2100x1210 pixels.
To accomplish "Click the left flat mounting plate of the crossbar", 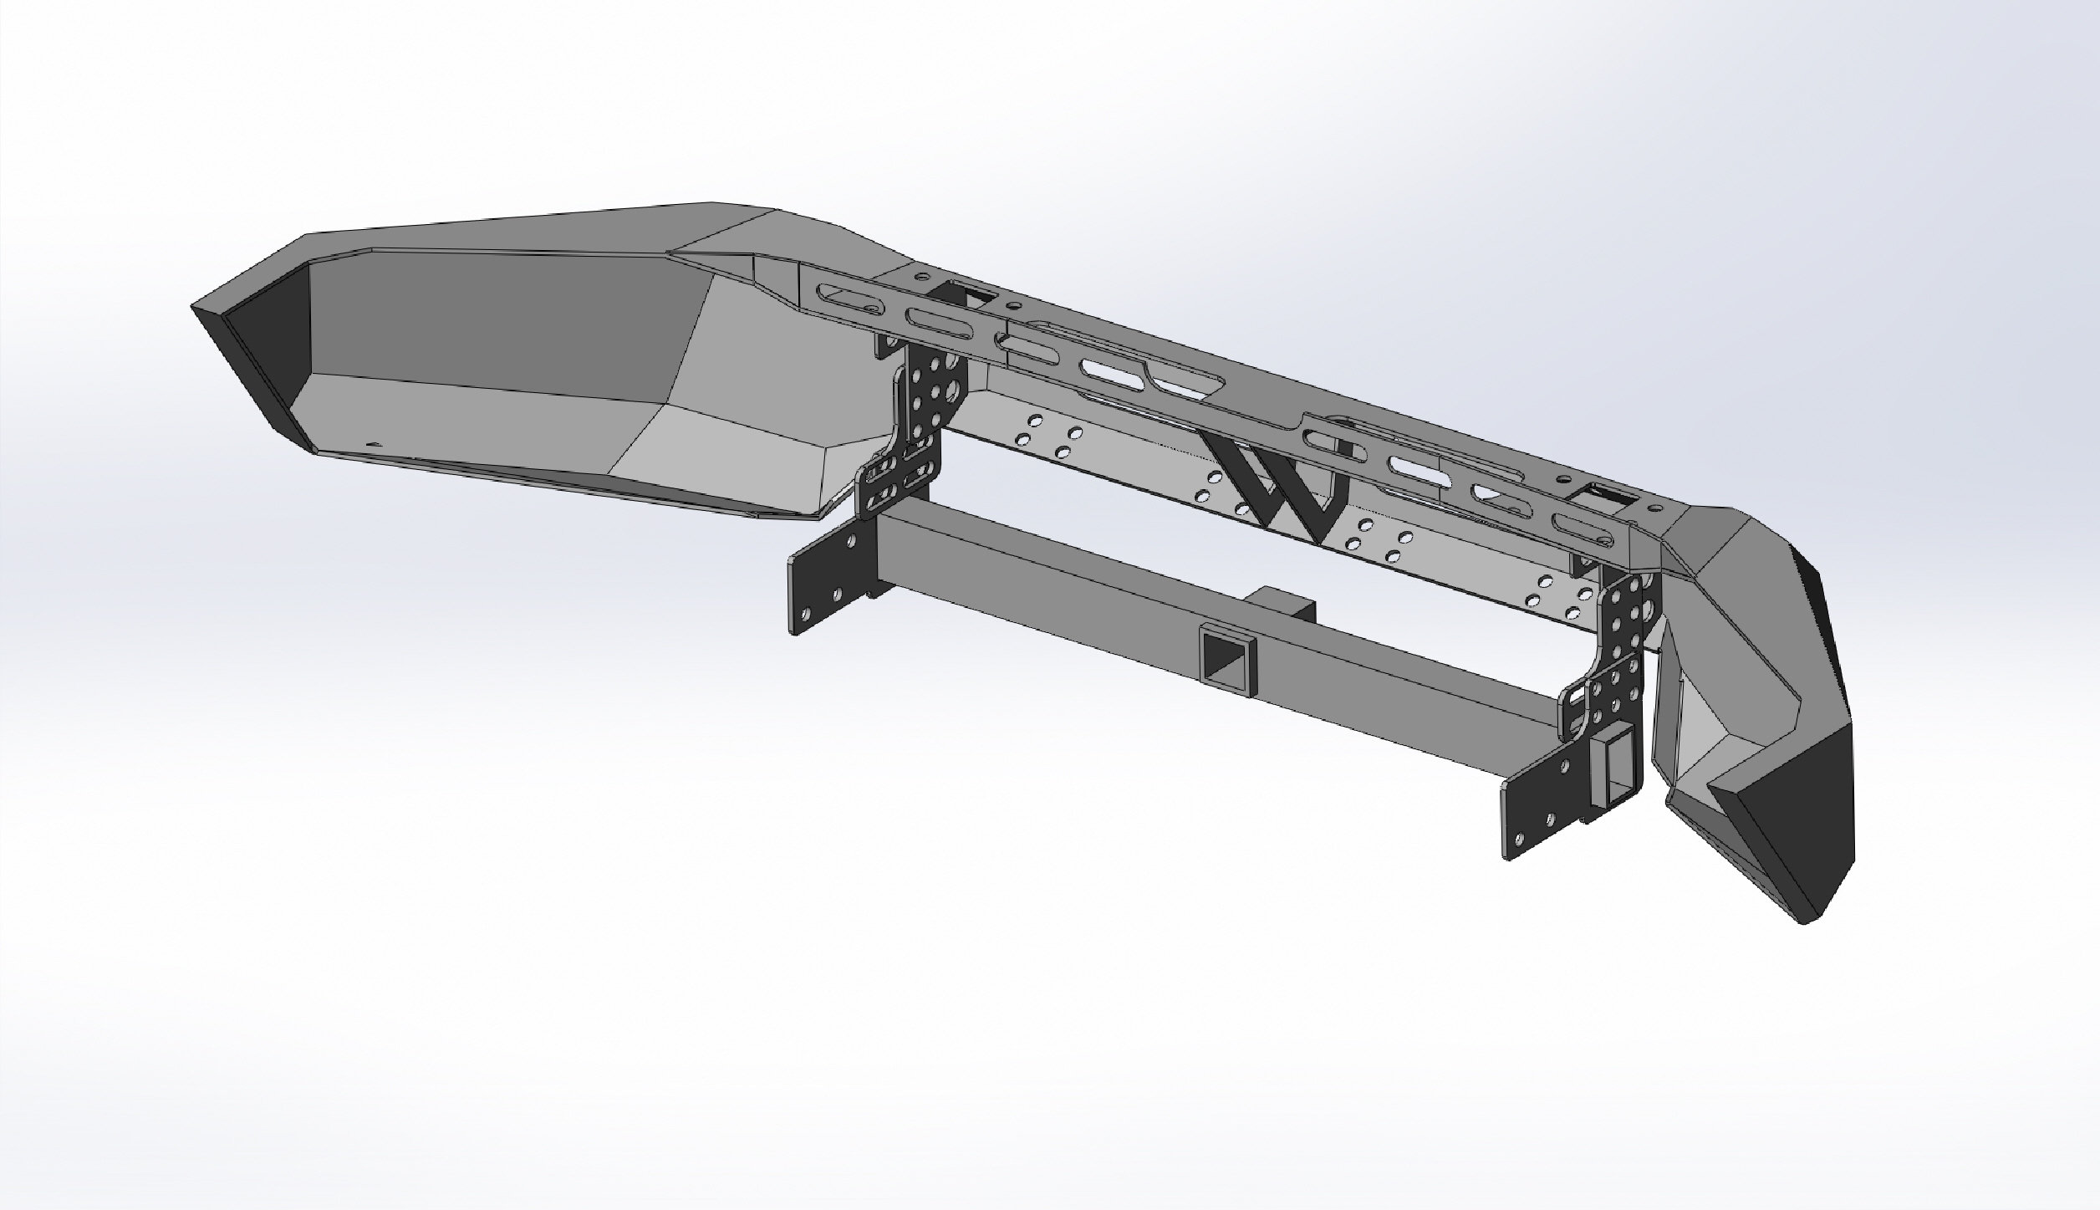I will (x=828, y=586).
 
